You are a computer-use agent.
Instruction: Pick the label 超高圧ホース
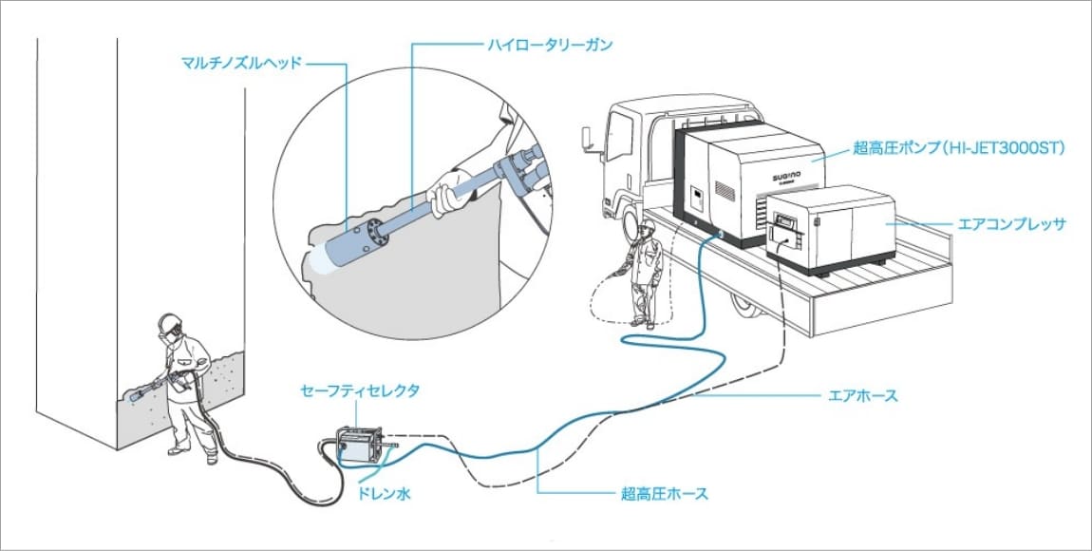[664, 494]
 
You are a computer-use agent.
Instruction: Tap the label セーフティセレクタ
[359, 390]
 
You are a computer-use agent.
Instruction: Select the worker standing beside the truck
[645, 275]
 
